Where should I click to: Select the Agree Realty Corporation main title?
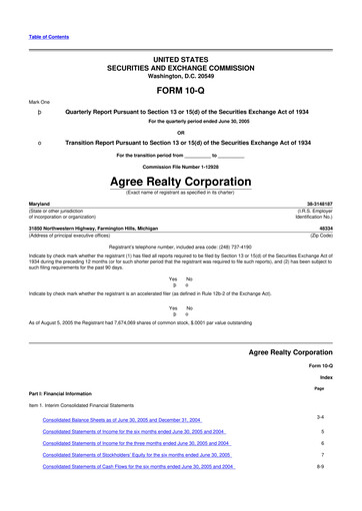181,183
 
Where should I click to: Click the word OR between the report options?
181,132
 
